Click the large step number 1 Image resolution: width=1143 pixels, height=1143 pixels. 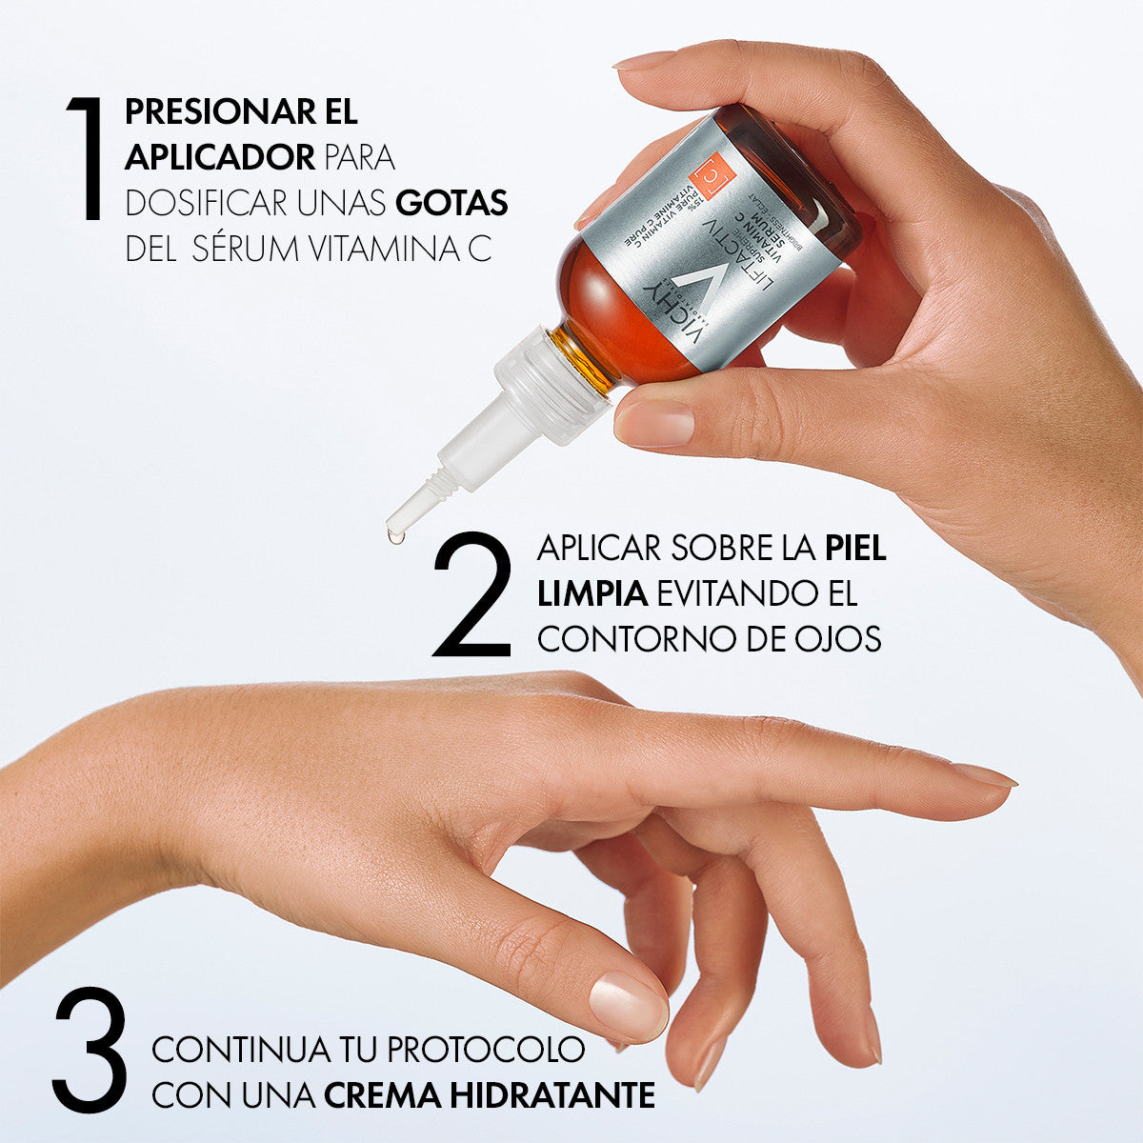86,158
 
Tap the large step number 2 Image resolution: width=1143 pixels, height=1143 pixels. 472,595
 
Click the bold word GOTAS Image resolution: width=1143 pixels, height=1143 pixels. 451,204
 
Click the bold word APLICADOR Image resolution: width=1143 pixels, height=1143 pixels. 220,157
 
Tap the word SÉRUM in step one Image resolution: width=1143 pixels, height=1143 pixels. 246,250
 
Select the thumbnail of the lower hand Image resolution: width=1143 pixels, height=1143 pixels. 627,1004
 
